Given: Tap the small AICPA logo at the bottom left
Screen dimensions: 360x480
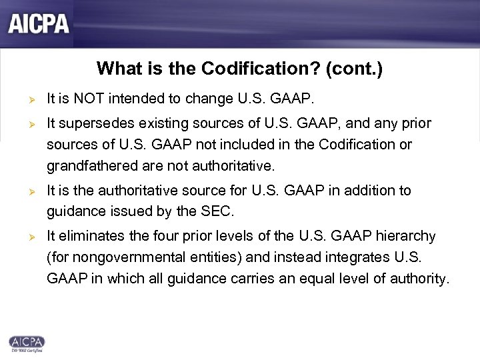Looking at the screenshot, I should point(26,342).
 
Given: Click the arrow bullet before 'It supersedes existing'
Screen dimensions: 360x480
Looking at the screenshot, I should point(22,123).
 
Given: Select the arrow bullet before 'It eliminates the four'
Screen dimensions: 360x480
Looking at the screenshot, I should point(22,236).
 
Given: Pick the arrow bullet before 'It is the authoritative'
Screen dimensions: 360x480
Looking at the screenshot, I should point(22,190).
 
